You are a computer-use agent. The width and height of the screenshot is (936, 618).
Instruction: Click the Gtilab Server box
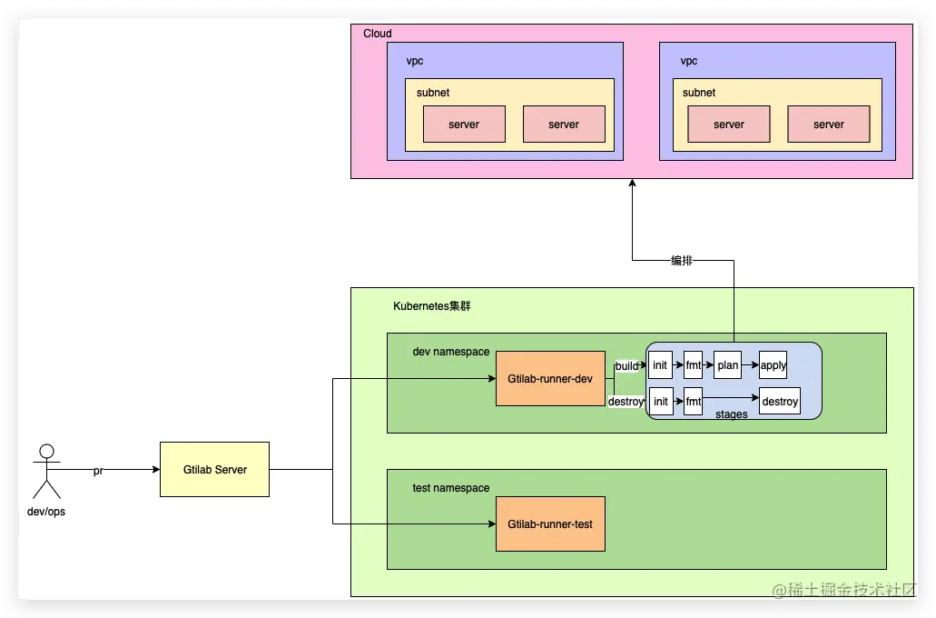point(214,469)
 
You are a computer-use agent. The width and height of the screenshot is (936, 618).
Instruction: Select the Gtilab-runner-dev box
point(550,378)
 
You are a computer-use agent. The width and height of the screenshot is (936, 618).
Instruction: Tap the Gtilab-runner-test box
point(550,524)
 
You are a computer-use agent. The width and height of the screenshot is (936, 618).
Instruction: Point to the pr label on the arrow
point(98,471)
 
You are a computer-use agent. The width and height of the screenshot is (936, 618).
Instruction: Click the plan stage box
point(728,365)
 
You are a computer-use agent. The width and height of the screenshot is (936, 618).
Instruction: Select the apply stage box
point(773,365)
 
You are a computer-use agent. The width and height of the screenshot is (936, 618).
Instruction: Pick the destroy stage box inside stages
point(780,401)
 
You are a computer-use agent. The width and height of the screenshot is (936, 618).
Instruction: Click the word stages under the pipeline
point(731,414)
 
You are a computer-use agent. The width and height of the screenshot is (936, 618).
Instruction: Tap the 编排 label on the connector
point(682,260)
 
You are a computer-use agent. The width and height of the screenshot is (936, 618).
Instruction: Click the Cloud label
point(378,34)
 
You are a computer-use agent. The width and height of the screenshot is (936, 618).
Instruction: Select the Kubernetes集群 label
point(431,306)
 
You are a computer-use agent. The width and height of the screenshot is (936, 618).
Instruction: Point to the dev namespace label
point(450,352)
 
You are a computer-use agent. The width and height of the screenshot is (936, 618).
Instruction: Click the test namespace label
point(450,488)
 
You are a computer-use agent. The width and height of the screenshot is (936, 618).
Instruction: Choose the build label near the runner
point(626,365)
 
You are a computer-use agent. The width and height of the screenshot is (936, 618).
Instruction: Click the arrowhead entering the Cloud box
point(632,183)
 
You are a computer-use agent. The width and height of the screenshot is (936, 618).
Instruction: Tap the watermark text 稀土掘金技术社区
point(844,590)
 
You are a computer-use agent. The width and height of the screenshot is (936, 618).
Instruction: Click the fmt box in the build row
point(693,365)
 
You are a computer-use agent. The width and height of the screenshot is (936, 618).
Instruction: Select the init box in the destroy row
point(661,401)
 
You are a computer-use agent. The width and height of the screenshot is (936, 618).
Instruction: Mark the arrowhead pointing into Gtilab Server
point(156,469)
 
